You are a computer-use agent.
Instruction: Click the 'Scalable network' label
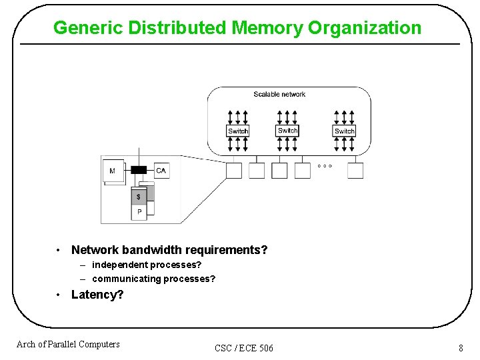coord(279,94)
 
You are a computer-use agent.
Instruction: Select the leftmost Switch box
coord(238,131)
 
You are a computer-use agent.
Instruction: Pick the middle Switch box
coord(287,131)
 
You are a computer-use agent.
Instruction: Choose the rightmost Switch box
coord(344,131)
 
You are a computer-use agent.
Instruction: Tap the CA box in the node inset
coord(161,171)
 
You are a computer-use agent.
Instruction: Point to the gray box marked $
coord(139,197)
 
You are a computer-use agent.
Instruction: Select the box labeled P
coord(139,212)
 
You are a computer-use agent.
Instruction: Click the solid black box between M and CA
coord(139,170)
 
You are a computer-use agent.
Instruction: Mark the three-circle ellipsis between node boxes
coord(325,165)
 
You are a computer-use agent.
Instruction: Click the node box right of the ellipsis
coord(355,171)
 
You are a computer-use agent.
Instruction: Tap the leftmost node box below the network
coord(234,171)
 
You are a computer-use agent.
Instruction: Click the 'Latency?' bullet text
coord(97,295)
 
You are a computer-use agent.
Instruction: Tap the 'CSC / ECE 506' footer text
coord(244,348)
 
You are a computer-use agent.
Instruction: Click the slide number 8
coord(461,347)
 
